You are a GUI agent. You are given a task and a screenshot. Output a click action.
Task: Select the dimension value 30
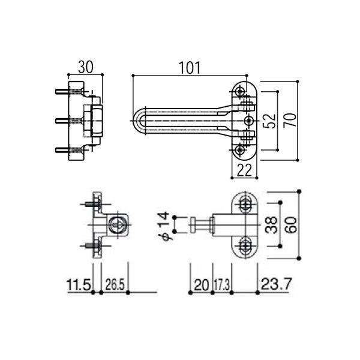(86, 67)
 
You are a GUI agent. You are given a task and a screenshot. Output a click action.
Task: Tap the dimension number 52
(272, 120)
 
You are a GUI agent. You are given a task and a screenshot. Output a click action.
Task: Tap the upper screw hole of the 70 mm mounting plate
(241, 92)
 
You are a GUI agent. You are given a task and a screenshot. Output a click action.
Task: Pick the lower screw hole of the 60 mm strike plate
(246, 244)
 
